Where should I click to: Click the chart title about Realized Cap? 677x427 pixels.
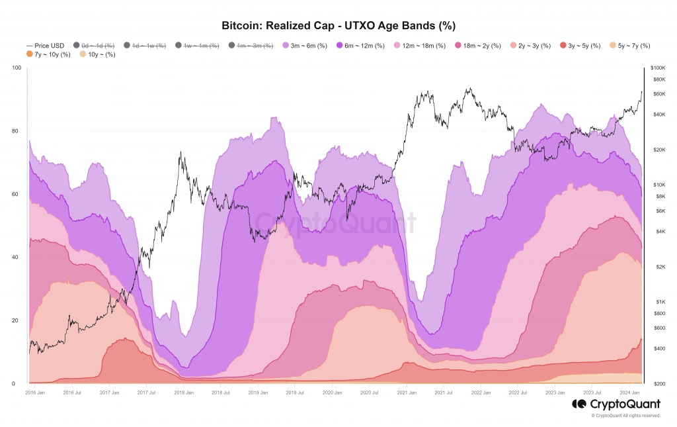tap(338, 25)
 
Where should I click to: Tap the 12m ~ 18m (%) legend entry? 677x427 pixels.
tap(423, 45)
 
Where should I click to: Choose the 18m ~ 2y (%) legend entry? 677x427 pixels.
tap(483, 45)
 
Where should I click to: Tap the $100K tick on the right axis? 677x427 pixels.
tap(658, 68)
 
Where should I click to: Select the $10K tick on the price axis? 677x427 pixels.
tap(658, 185)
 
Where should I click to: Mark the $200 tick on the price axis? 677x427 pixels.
tap(658, 384)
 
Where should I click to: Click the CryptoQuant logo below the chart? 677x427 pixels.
tap(616, 404)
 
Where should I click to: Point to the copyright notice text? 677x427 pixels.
tap(625, 416)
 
